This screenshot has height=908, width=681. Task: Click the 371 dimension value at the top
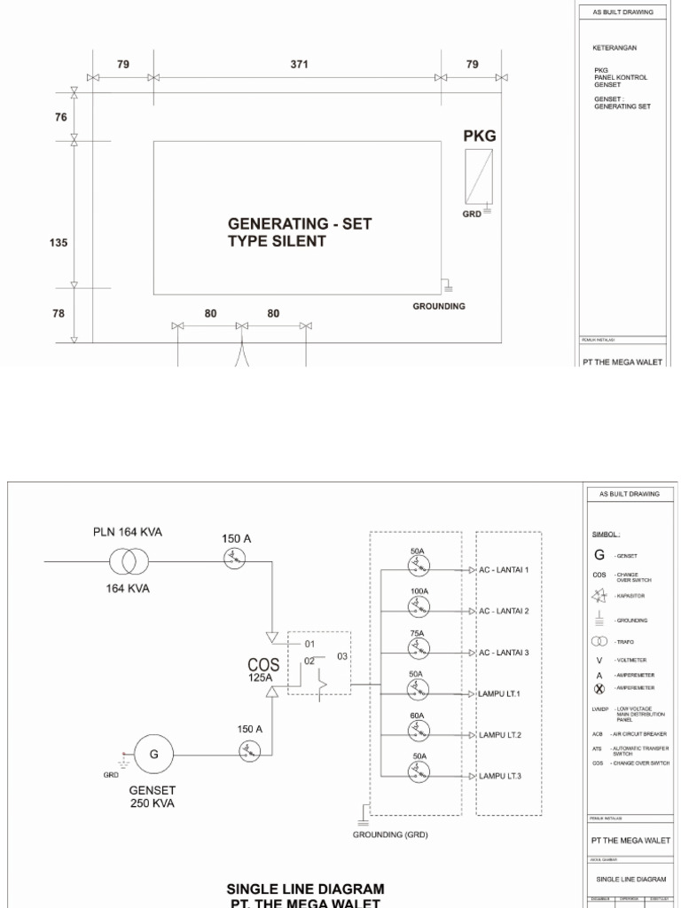(x=296, y=64)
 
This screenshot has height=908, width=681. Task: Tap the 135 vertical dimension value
(x=60, y=242)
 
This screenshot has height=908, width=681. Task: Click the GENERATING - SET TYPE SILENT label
(x=300, y=232)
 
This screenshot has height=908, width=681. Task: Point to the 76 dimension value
(x=60, y=116)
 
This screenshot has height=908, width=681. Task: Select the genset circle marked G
(x=154, y=755)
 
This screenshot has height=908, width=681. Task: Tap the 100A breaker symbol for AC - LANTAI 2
(x=419, y=607)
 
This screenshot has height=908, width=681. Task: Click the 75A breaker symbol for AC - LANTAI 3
(x=419, y=648)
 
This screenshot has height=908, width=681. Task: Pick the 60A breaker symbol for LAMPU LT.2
(x=419, y=731)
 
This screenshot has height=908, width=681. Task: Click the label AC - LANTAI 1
(x=504, y=570)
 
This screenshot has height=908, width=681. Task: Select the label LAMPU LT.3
(x=500, y=776)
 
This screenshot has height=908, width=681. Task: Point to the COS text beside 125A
(x=263, y=663)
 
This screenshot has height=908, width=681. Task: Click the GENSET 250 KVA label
(x=153, y=796)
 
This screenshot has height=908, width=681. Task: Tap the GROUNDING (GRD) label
(x=391, y=834)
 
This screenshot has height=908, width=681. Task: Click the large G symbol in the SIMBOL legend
(x=600, y=555)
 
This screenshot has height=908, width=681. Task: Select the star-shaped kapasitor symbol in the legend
(x=599, y=598)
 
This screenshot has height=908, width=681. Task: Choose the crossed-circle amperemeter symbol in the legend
(x=599, y=687)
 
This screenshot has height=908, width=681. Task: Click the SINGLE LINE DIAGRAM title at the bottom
(x=306, y=888)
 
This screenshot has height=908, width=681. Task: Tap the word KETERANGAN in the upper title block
(x=615, y=47)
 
